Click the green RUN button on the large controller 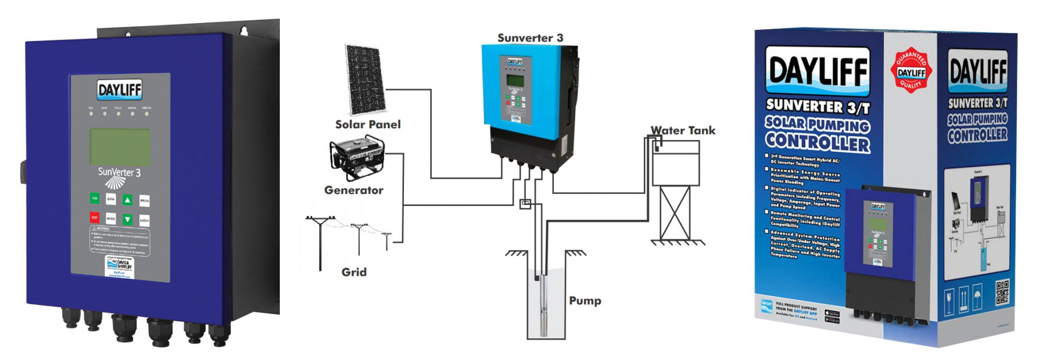(x=94, y=199)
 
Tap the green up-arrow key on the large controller (x=128, y=200)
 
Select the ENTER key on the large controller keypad (x=144, y=220)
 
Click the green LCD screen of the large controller (x=120, y=147)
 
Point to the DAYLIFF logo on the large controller (x=120, y=90)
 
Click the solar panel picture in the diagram (x=365, y=79)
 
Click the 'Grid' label (x=354, y=272)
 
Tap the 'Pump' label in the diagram (x=585, y=301)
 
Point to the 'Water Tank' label (x=683, y=130)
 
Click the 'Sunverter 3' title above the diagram (x=530, y=38)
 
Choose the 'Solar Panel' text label (x=367, y=125)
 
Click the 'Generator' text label (x=354, y=191)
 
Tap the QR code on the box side (x=1002, y=291)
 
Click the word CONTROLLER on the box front (x=818, y=141)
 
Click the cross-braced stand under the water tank (x=675, y=213)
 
